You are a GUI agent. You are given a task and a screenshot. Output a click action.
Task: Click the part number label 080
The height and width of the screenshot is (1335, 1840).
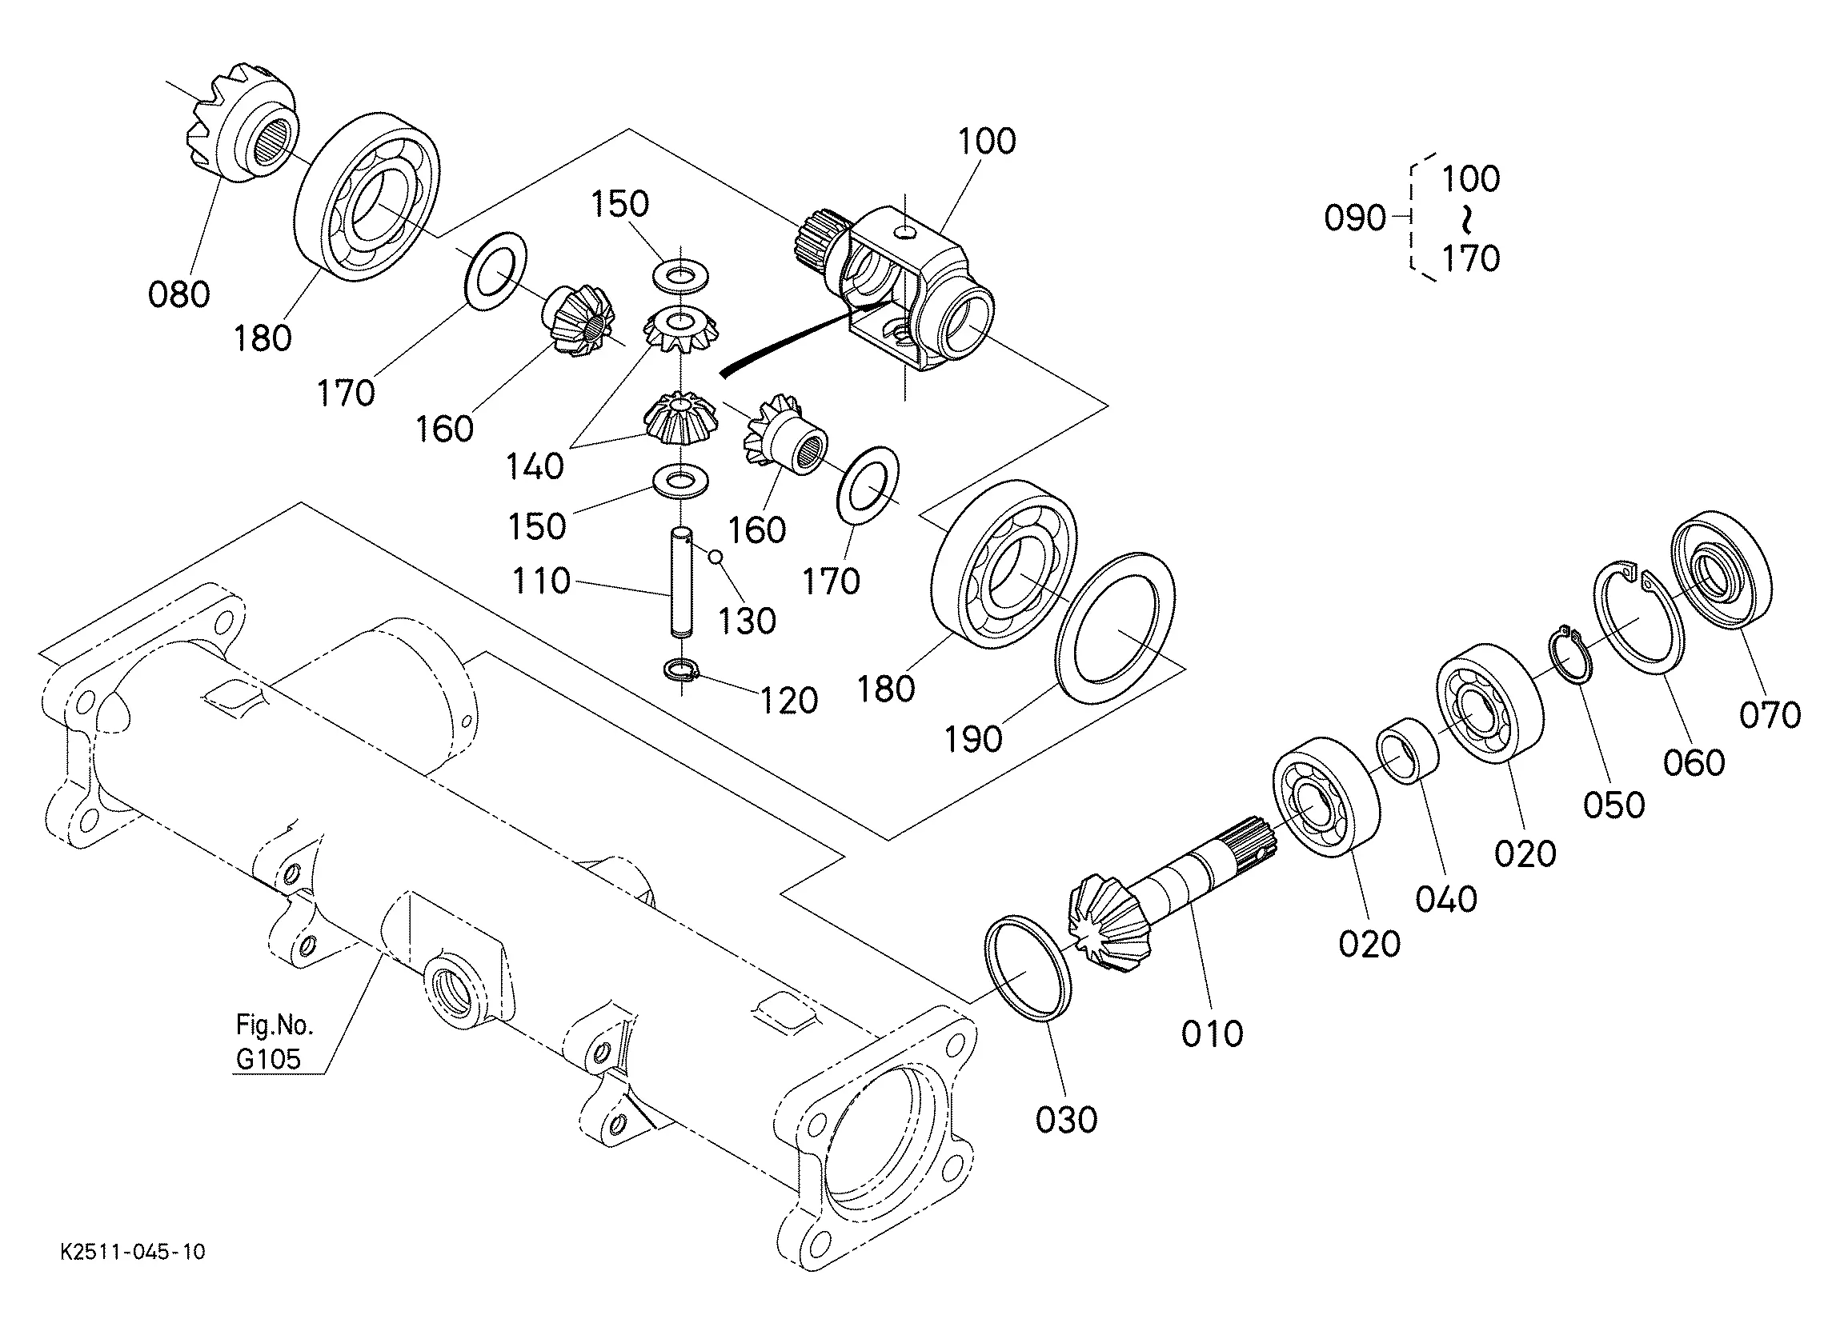tap(178, 294)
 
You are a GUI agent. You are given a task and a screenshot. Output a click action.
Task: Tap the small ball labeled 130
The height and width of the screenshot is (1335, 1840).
tap(715, 556)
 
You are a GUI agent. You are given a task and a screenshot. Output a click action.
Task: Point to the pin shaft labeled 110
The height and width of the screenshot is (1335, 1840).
tap(681, 582)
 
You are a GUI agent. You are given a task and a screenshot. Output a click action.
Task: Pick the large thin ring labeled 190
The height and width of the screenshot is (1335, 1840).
tap(1115, 628)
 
